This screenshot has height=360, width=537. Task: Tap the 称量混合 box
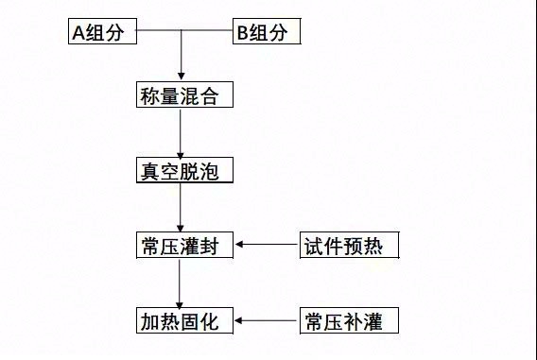(x=181, y=96)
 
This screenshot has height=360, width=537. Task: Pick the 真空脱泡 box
(x=181, y=171)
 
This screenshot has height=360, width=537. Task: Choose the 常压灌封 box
(x=181, y=246)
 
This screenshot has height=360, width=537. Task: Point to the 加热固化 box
(x=181, y=321)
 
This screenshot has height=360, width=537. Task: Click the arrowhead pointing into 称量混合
(x=180, y=77)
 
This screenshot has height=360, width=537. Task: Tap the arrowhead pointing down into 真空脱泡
(x=180, y=153)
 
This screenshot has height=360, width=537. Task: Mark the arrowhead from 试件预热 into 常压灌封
(x=240, y=246)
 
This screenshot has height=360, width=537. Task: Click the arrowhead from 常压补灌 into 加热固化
(x=240, y=320)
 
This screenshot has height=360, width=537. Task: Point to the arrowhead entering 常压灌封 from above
(x=180, y=227)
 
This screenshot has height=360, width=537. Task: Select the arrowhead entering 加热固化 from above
(x=180, y=302)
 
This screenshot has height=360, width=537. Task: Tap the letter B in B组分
(x=243, y=33)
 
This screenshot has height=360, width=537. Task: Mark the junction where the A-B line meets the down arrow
(x=180, y=32)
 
